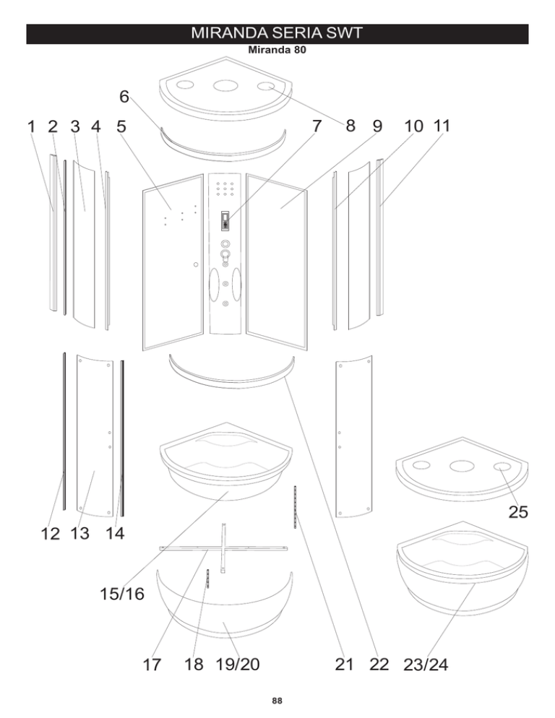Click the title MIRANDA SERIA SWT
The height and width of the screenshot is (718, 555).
(277, 33)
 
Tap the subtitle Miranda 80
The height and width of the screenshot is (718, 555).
(277, 49)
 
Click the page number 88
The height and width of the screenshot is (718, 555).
(277, 701)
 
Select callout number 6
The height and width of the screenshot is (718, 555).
(124, 97)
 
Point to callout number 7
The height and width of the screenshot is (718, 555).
(317, 126)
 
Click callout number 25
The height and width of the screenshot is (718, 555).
(518, 512)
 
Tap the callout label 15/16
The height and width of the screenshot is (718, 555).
(122, 594)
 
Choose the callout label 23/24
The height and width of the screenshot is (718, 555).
(426, 665)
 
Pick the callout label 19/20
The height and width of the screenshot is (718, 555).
(238, 664)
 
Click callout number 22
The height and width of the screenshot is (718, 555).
(379, 665)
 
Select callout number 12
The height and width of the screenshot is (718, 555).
(51, 534)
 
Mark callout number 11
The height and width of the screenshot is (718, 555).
(442, 126)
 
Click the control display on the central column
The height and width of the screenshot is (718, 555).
(225, 221)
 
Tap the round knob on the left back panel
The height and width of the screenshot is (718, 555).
(196, 264)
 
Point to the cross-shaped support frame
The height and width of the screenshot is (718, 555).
(223, 548)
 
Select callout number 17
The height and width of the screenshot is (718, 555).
(152, 665)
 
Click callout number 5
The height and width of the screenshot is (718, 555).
(121, 126)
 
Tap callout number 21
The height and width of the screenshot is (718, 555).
(344, 665)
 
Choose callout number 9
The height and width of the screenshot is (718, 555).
(377, 126)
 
